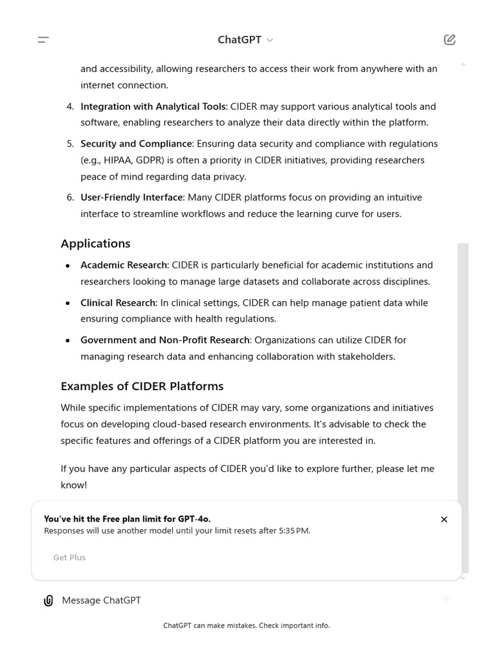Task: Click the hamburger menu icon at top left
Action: (x=44, y=40)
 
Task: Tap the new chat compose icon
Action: (x=450, y=40)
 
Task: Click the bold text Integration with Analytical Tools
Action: (x=153, y=106)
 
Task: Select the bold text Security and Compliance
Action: (x=136, y=143)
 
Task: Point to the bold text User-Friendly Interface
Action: (x=131, y=197)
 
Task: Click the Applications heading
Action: (x=95, y=243)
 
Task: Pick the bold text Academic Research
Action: (x=124, y=265)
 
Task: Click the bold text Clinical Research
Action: (x=118, y=302)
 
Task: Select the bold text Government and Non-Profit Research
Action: (x=165, y=340)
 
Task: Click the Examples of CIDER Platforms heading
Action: (x=142, y=386)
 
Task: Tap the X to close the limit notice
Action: (x=444, y=520)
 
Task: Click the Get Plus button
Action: (x=69, y=557)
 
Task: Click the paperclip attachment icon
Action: (x=48, y=600)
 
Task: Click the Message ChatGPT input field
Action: (x=243, y=600)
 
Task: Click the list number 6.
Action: (x=70, y=197)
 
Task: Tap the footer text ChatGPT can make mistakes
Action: (x=247, y=625)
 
